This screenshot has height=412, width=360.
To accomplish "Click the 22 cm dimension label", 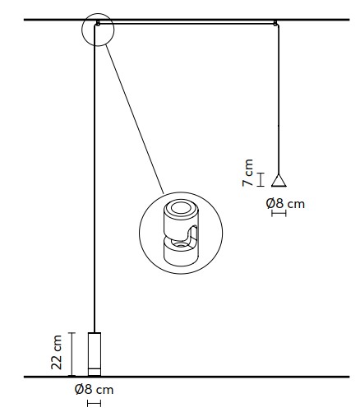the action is (x=57, y=352).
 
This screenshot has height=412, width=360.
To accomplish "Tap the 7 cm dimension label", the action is (x=248, y=173).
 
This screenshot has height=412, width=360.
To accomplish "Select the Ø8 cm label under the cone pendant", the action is (x=285, y=204).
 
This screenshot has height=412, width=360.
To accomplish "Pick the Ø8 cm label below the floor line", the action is (x=94, y=389).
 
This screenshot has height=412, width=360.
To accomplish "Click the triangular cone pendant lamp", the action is (x=279, y=181).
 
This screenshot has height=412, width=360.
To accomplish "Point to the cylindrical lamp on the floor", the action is (x=95, y=354).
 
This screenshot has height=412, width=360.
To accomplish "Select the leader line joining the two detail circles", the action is (x=134, y=119).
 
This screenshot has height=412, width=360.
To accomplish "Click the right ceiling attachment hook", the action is (x=275, y=23).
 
